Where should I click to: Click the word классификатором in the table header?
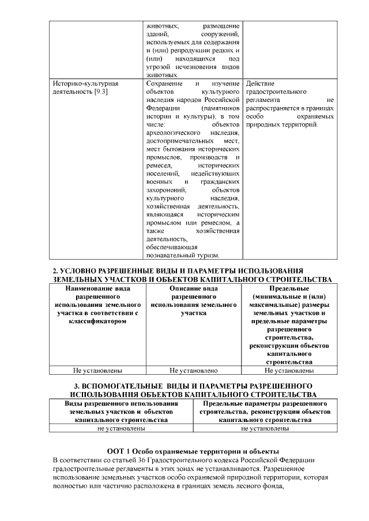coord(97,321)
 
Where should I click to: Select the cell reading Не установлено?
coord(194,371)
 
